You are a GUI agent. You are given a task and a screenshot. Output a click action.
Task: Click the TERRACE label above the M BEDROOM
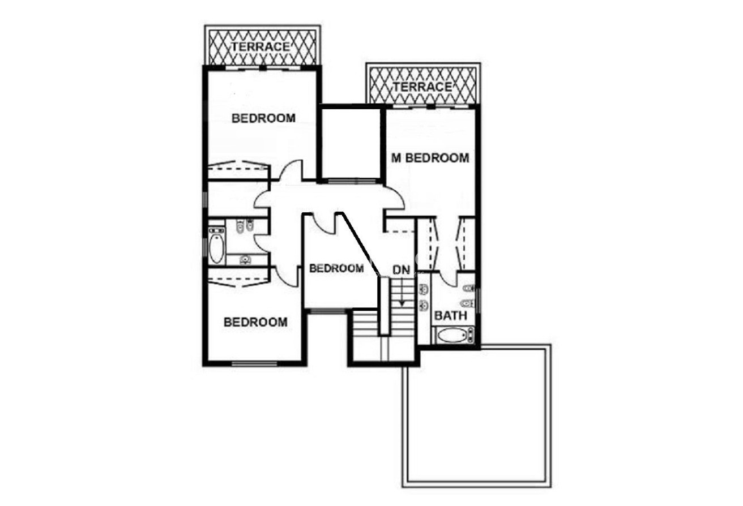point(422,87)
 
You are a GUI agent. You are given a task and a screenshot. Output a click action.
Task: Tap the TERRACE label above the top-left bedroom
point(260,47)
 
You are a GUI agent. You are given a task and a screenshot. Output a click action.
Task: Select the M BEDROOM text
point(430,158)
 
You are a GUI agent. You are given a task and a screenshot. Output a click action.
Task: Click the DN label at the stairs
point(402,270)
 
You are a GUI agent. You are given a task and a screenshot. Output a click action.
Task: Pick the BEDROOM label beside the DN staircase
point(336,268)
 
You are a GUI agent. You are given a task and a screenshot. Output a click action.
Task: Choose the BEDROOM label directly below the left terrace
point(263,118)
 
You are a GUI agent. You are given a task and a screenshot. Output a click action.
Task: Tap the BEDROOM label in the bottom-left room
point(255,322)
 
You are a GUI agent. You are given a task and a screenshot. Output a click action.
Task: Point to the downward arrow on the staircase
point(402,292)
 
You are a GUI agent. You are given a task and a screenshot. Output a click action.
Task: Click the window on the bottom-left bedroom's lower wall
point(254,364)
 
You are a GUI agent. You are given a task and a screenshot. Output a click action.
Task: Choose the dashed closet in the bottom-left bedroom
point(238,277)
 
